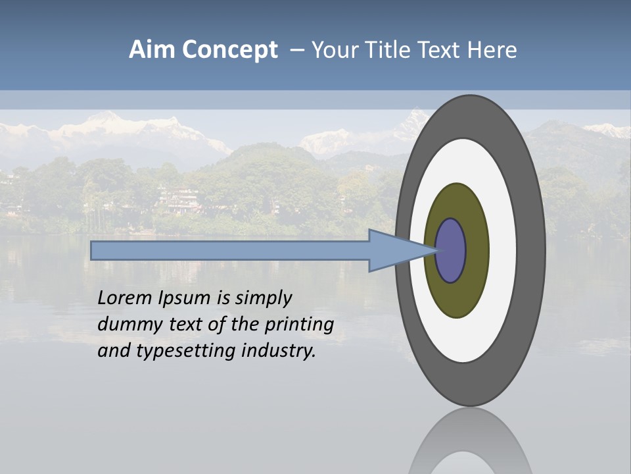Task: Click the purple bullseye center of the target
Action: point(451,251)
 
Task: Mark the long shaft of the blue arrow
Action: point(230,251)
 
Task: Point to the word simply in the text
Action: point(263,298)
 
